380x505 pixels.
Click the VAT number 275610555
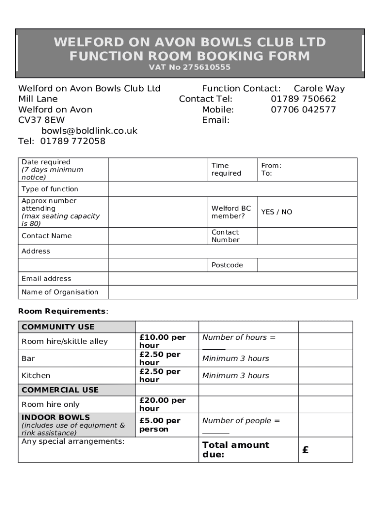[206, 68]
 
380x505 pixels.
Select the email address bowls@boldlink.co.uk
[89, 131]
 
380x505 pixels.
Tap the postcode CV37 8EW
[41, 120]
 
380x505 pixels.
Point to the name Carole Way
[319, 89]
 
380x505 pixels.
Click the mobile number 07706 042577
[303, 109]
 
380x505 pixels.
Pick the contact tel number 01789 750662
[303, 99]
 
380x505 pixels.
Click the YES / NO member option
[276, 212]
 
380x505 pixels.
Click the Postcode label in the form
[227, 265]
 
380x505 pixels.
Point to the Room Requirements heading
[63, 311]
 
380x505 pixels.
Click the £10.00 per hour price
[162, 341]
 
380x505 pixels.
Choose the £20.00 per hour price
[162, 404]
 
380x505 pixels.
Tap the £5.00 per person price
[160, 425]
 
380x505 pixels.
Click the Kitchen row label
[36, 376]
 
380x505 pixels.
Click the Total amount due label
[235, 449]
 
